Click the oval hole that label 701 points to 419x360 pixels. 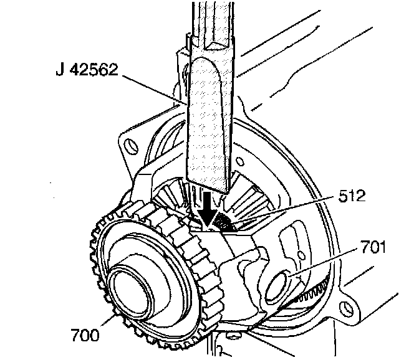(277, 283)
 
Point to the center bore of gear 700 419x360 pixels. (131, 290)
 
